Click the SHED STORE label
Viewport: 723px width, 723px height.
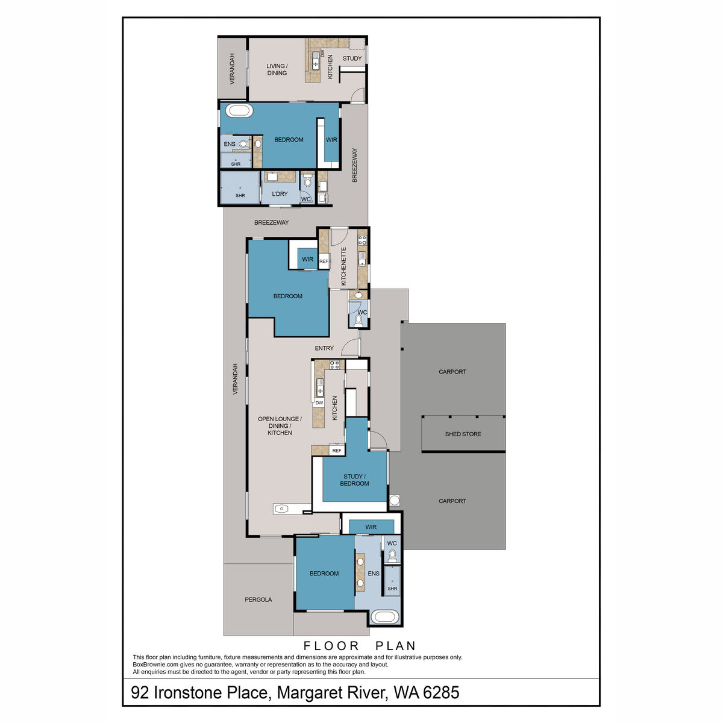463,434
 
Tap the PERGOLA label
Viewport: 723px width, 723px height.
258,599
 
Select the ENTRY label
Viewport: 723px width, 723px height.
324,348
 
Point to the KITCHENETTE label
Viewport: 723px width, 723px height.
344,266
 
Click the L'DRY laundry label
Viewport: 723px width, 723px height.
280,194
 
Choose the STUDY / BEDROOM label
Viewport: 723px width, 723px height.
354,480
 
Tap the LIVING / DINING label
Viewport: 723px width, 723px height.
277,69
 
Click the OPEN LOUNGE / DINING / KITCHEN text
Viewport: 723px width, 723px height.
280,426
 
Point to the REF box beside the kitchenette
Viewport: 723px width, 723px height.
324,261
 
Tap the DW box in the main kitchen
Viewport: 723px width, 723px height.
319,402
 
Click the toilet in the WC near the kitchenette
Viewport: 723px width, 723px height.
359,319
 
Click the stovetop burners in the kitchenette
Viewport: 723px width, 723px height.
363,240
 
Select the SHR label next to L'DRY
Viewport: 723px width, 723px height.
240,195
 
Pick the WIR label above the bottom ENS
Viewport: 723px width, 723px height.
371,527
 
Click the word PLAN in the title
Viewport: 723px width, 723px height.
396,646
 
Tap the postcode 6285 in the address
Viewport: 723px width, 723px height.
441,693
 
